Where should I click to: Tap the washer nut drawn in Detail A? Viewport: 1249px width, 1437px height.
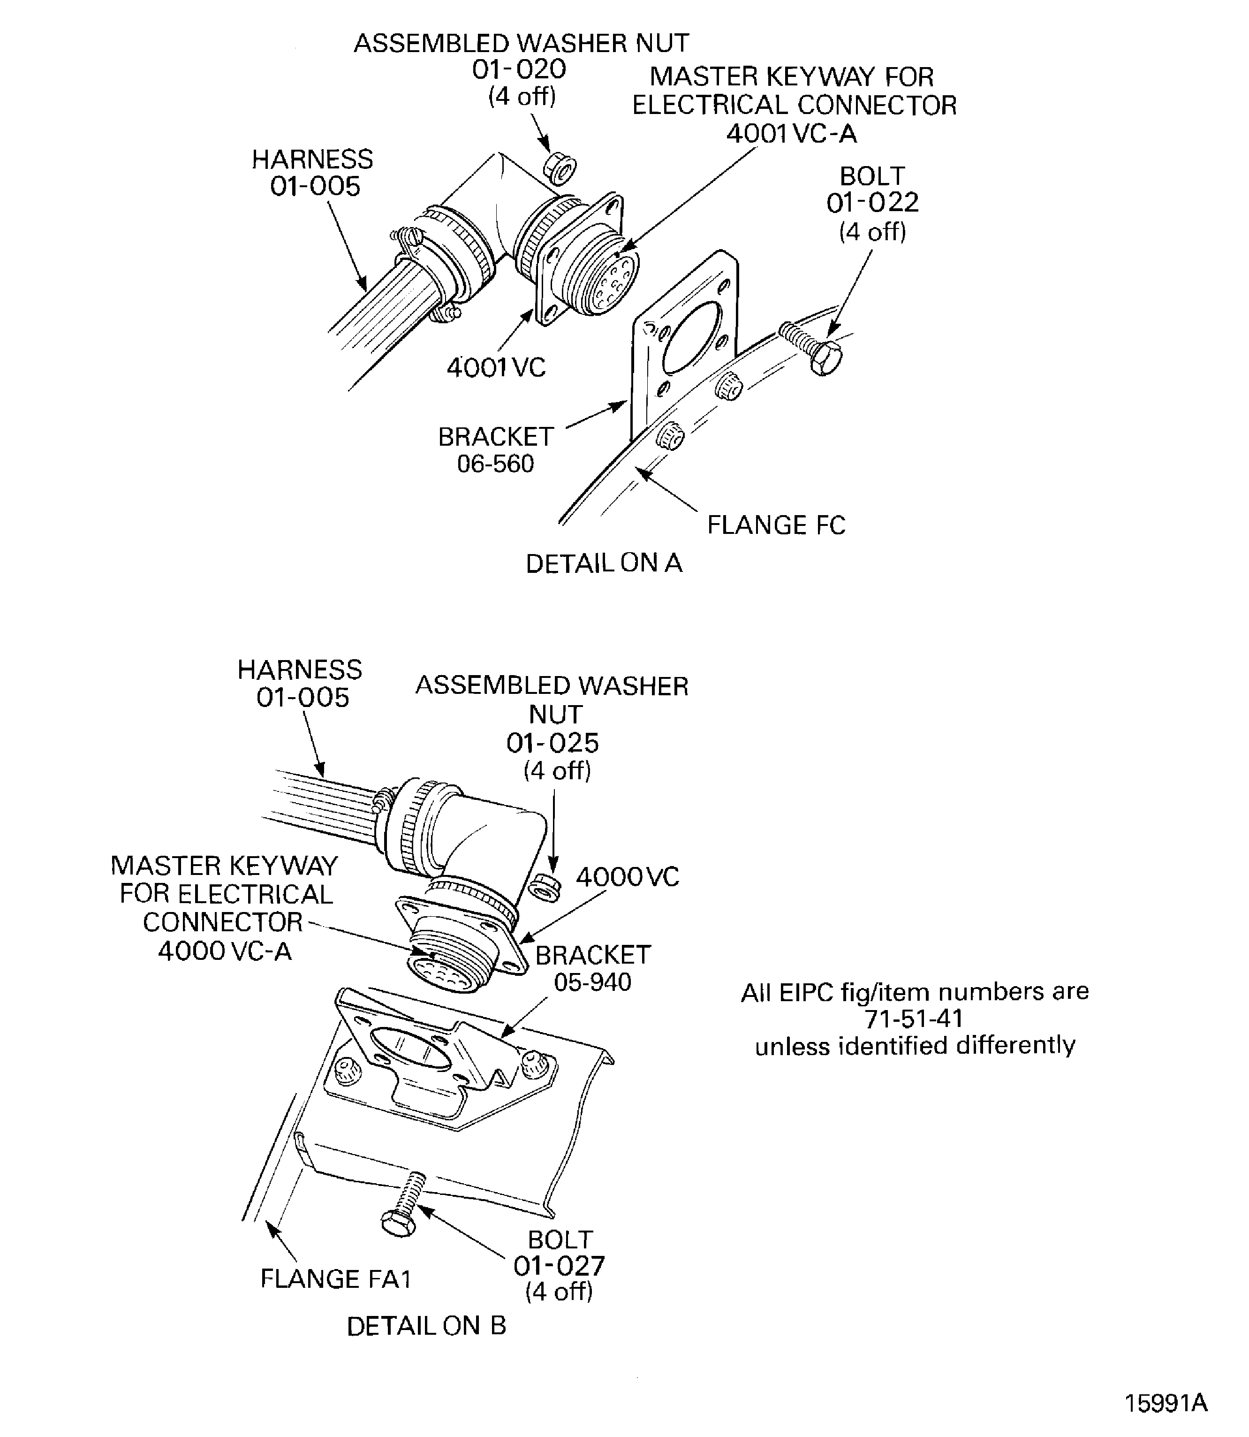tap(559, 169)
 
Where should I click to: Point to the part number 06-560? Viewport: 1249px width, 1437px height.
tap(496, 464)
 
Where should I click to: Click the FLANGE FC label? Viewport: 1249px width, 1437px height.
tap(776, 525)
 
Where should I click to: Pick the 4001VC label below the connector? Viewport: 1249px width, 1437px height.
tap(496, 367)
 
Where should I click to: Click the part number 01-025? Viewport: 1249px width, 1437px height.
tap(553, 743)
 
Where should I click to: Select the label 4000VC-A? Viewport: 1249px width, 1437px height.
tap(225, 951)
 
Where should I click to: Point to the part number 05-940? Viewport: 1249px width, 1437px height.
tap(592, 982)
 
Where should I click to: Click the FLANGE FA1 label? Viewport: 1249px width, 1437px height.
tap(336, 1279)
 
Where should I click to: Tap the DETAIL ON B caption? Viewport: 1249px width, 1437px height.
tap(426, 1326)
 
